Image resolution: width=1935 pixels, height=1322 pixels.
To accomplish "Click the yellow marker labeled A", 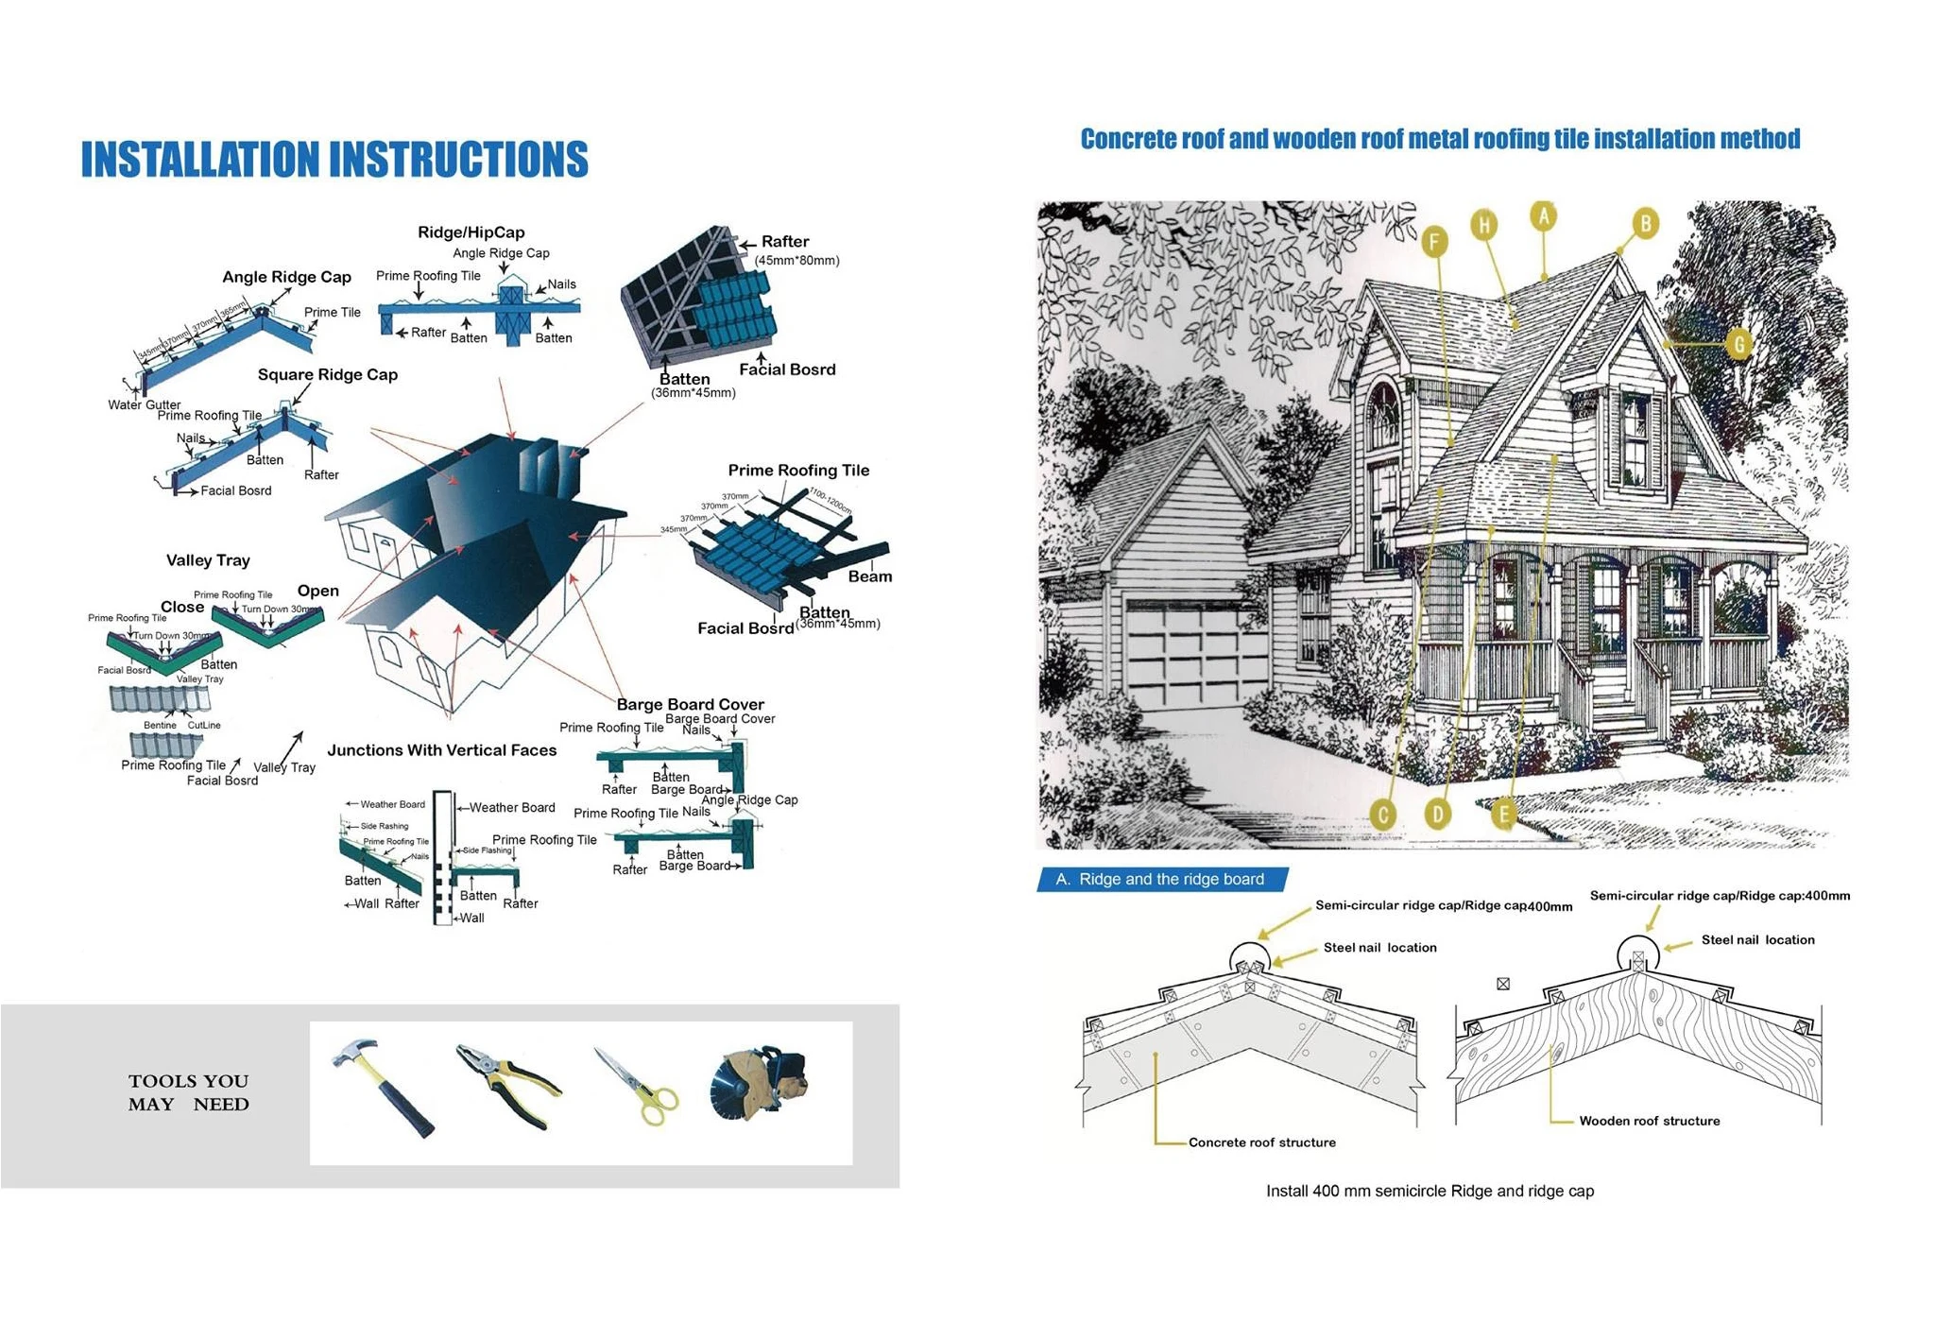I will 1543,216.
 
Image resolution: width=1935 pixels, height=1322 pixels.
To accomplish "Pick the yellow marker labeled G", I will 1738,344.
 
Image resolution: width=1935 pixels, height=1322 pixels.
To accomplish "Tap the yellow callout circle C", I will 1383,815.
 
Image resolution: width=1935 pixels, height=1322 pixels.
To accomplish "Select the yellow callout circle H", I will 1483,225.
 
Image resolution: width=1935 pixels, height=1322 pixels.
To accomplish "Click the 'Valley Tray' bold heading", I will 208,560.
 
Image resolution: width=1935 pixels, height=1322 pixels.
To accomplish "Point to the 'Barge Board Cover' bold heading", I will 690,704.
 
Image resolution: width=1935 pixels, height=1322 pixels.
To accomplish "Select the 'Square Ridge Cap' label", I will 327,374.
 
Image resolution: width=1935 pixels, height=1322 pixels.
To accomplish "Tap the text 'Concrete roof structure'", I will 1261,1142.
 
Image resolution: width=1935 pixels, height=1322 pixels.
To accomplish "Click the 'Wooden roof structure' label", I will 1649,1121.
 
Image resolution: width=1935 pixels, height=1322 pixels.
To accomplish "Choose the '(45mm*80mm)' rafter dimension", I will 796,260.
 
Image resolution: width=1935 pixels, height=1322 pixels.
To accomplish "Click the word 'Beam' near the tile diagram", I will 869,576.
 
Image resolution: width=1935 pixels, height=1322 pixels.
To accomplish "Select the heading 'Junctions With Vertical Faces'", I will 441,750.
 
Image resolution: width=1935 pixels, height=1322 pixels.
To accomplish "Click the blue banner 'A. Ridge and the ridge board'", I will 1162,880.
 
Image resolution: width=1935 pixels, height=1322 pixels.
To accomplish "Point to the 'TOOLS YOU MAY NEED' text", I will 188,1092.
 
